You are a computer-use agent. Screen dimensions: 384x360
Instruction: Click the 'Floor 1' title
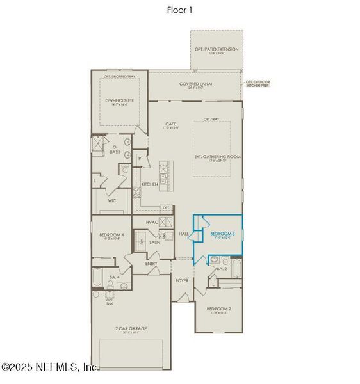click(180, 10)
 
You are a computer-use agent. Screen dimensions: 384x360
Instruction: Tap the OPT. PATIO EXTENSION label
click(217, 49)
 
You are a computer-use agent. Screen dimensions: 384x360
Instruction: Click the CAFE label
click(170, 124)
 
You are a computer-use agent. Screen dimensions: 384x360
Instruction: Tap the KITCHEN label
click(149, 184)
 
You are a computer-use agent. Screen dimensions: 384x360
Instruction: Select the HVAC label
click(152, 221)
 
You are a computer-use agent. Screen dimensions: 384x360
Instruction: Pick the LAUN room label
click(154, 243)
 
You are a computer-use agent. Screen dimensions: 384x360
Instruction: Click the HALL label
click(184, 234)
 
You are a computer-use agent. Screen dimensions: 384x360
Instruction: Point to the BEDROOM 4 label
click(111, 236)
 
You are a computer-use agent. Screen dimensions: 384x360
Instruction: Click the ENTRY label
click(151, 263)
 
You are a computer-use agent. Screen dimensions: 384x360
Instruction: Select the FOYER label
click(182, 280)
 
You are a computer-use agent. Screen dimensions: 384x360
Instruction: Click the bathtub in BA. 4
click(97, 278)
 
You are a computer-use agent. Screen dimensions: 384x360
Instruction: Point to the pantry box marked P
click(139, 157)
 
